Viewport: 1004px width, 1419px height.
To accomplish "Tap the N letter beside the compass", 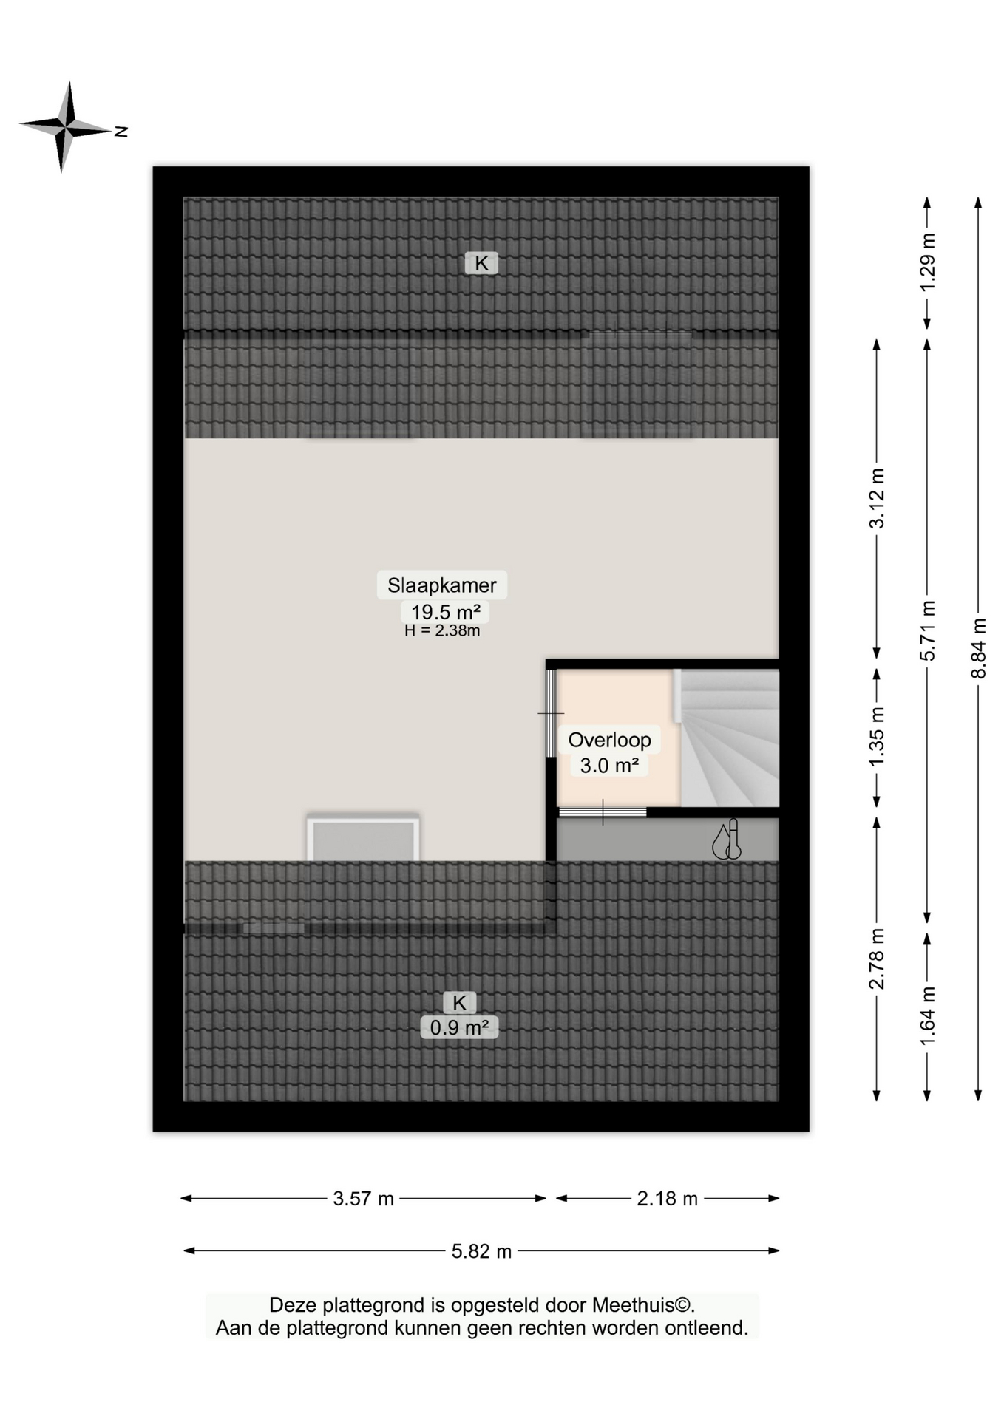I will click(x=121, y=132).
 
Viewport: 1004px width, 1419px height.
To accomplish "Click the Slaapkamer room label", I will click(x=441, y=585).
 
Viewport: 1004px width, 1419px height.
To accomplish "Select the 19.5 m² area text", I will click(x=445, y=612).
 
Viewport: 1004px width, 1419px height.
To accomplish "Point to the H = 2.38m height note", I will click(x=442, y=631).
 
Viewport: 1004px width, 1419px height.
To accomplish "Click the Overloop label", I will click(x=609, y=740).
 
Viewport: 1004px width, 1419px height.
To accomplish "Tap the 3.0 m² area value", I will click(x=609, y=766).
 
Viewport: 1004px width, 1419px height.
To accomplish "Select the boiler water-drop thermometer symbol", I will click(x=727, y=840).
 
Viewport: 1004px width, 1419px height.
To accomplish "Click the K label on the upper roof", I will click(x=481, y=263).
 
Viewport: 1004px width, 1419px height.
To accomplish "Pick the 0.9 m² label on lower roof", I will click(x=459, y=1027).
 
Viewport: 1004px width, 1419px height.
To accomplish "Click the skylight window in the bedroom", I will click(x=363, y=840).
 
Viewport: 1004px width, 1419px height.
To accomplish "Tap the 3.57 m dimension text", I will click(x=363, y=1199).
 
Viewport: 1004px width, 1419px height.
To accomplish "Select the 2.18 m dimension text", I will click(x=667, y=1199).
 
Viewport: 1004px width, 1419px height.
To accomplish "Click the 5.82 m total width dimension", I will click(x=481, y=1251).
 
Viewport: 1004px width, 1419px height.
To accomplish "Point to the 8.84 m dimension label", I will click(x=978, y=648).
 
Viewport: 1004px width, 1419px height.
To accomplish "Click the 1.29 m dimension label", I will click(x=927, y=262).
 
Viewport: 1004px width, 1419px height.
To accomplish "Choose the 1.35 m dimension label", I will click(x=876, y=738).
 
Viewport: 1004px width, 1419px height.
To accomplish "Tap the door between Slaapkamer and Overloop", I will click(x=551, y=713).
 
